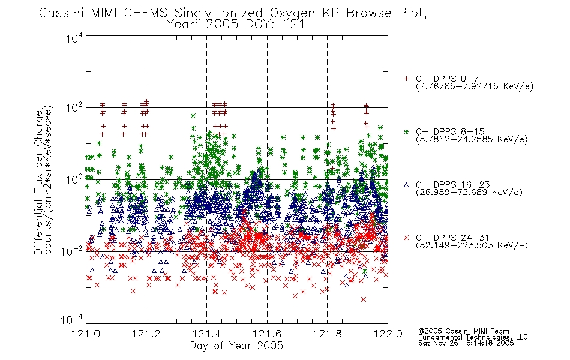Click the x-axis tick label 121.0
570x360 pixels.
[x=86, y=334]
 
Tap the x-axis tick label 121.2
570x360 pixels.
[x=146, y=334]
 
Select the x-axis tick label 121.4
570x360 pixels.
[x=206, y=334]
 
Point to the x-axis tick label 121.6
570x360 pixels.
[x=267, y=334]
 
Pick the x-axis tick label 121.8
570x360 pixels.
[x=327, y=334]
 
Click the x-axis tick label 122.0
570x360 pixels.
[x=388, y=334]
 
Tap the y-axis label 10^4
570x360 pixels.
[x=74, y=38]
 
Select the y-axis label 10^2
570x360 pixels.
[x=74, y=108]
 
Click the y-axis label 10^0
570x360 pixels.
[x=74, y=179]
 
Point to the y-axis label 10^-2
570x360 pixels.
[x=71, y=251]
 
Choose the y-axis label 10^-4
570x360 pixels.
[x=71, y=320]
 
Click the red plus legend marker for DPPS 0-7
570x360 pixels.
[x=406, y=79]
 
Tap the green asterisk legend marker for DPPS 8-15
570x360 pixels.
[x=406, y=131]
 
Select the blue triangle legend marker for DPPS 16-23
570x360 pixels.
[x=406, y=185]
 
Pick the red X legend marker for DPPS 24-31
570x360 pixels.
[x=406, y=238]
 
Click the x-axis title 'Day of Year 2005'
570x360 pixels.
[x=236, y=346]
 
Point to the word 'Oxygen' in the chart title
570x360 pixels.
[x=293, y=14]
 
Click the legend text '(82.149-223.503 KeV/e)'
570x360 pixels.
[x=472, y=245]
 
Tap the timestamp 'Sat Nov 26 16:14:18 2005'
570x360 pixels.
[x=466, y=343]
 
